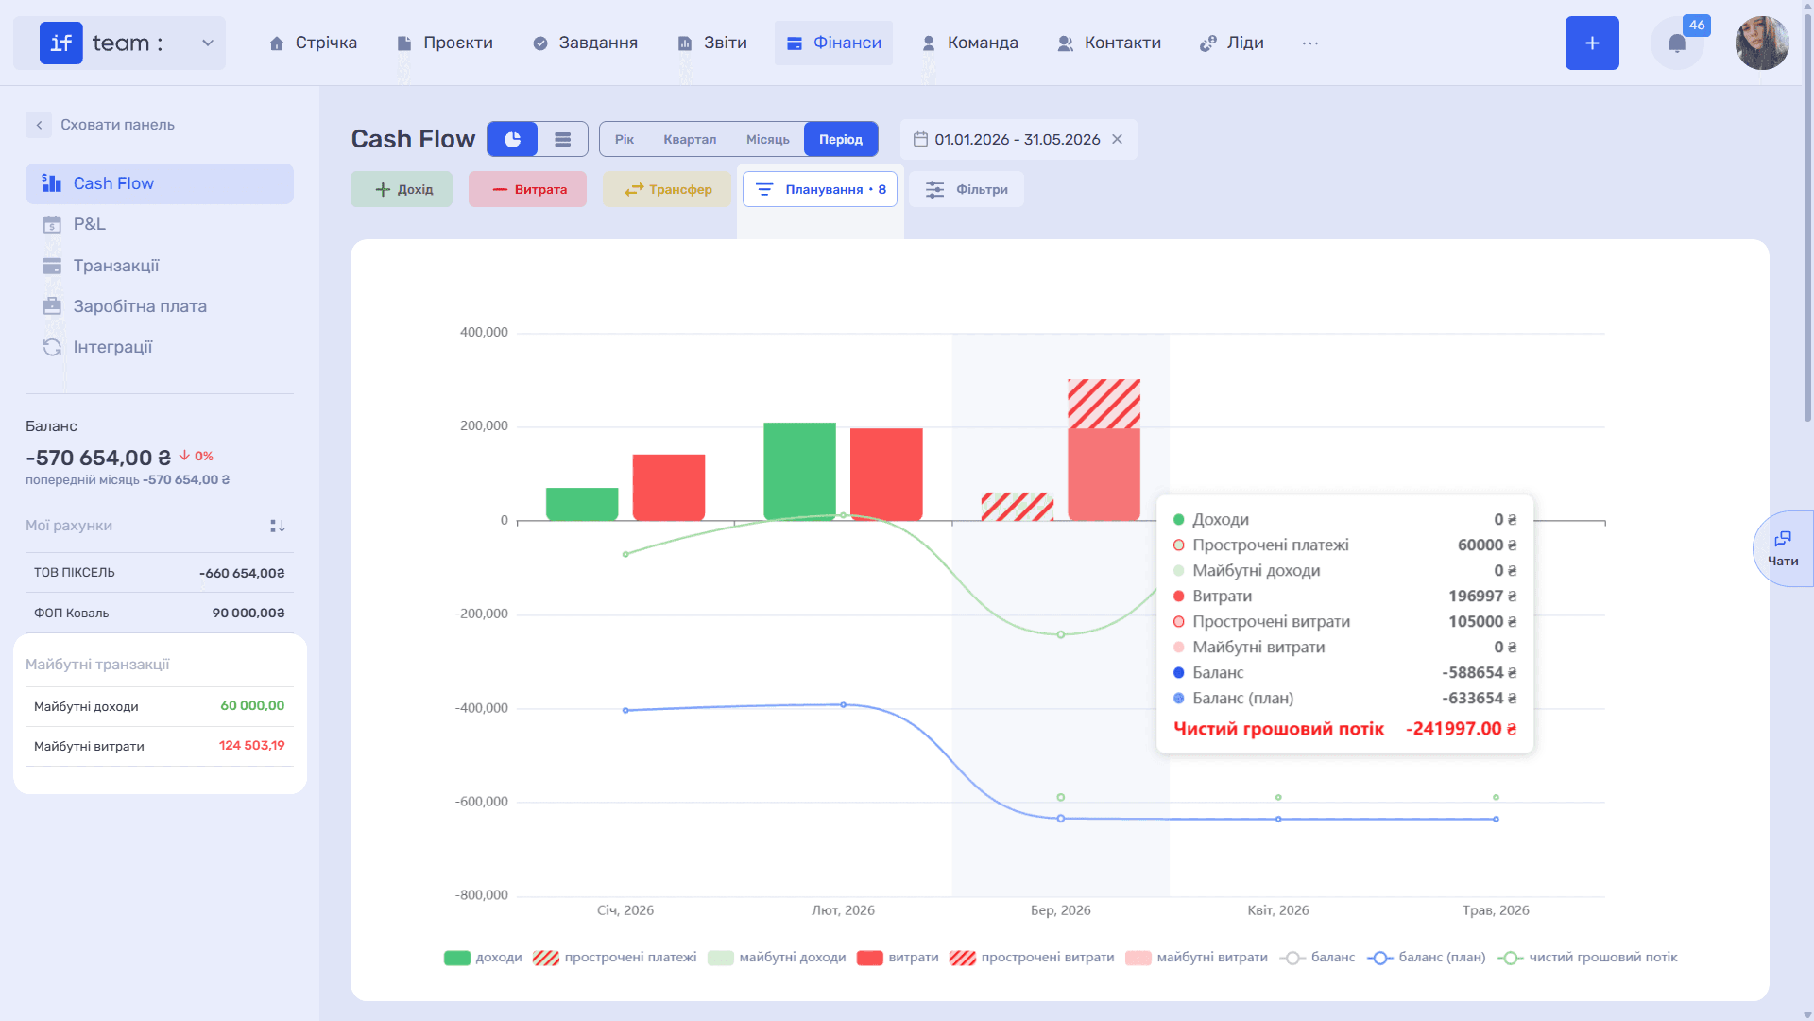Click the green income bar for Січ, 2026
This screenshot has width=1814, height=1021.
tap(582, 504)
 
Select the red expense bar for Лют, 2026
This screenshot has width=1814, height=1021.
tap(886, 474)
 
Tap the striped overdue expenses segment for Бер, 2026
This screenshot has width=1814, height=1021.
tap(1104, 404)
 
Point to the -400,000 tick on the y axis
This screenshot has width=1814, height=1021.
tap(482, 708)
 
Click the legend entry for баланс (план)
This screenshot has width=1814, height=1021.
tap(1426, 957)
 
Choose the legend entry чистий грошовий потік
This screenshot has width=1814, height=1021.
tap(1587, 957)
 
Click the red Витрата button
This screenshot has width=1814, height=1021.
tap(528, 189)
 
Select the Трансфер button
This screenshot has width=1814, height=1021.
tap(667, 189)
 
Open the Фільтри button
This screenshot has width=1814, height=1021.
tap(966, 189)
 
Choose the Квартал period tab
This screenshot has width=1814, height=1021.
tap(689, 139)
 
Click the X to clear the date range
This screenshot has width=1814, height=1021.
tap(1117, 139)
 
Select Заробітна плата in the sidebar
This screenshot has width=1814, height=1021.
tap(139, 306)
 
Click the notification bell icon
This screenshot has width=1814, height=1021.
tap(1677, 43)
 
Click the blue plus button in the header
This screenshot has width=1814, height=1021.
tap(1592, 43)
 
